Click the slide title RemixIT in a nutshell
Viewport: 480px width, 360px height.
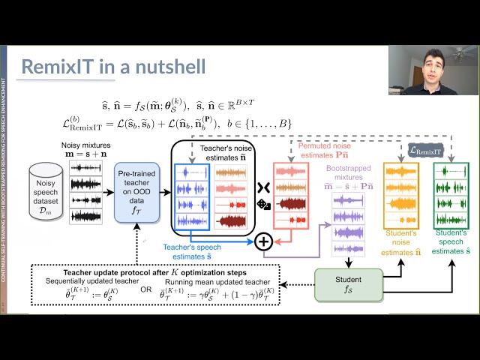112,66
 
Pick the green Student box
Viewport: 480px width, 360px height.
347,285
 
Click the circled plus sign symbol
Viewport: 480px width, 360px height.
263,241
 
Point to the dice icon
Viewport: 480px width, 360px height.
264,204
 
